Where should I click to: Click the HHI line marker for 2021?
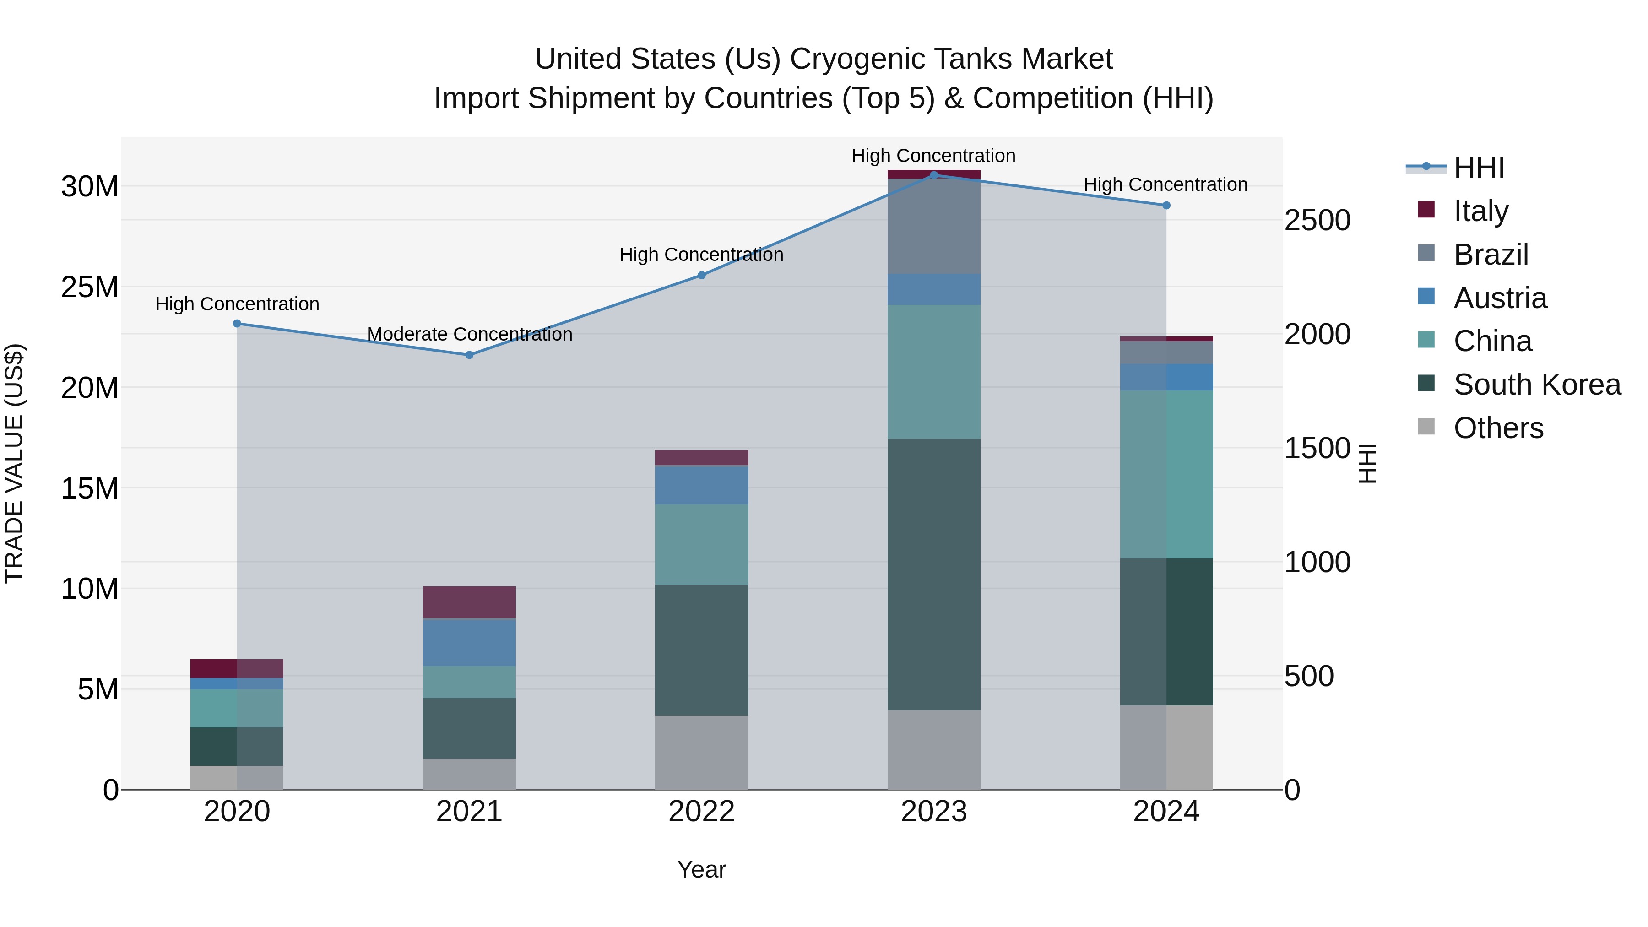coord(469,354)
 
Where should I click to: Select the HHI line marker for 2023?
coord(933,175)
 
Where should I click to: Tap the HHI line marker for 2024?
coord(1166,206)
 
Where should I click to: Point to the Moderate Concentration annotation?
coord(469,334)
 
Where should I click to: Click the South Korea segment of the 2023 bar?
coord(933,574)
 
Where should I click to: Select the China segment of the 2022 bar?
coord(701,544)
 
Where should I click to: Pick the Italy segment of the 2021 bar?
coord(469,602)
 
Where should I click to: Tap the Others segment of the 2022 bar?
coord(701,752)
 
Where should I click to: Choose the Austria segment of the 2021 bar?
coord(469,642)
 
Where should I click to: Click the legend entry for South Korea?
coord(1537,385)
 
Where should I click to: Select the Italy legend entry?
coord(1480,211)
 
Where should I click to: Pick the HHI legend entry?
coord(1478,168)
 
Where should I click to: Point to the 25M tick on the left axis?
coord(90,287)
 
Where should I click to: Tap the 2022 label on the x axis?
coord(701,812)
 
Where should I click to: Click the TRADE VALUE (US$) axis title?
coord(14,463)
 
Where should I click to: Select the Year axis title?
coord(701,869)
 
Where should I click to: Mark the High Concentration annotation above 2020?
coord(237,304)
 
